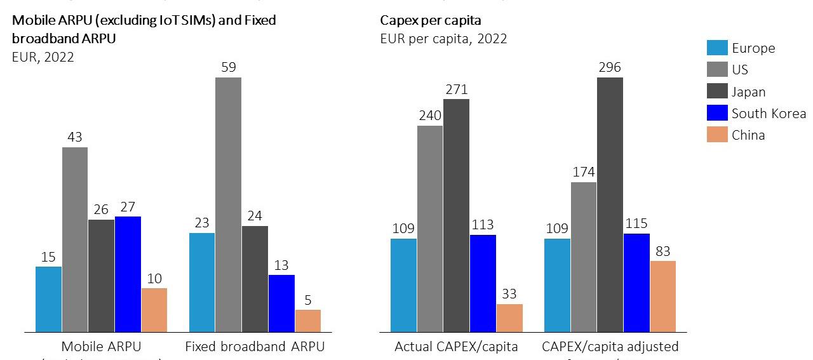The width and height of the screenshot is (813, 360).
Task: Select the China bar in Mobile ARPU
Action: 154,310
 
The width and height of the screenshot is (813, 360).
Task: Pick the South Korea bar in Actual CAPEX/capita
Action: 483,283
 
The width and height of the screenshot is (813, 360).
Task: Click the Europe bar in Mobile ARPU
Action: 49,299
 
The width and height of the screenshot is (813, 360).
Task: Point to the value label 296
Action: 610,68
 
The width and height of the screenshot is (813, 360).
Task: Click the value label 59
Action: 229,67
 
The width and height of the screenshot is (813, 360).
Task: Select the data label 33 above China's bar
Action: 509,294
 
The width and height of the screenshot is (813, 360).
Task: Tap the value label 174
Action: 583,172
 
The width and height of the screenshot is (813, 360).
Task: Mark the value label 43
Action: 75,137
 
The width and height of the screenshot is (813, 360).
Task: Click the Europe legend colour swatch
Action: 717,48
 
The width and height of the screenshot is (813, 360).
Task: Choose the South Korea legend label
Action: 769,114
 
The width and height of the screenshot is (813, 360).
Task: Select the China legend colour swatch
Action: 717,135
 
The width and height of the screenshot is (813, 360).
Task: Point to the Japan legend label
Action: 748,92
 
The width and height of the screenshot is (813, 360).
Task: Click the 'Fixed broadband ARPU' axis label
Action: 255,347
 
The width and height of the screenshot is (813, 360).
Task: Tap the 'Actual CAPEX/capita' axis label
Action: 456,347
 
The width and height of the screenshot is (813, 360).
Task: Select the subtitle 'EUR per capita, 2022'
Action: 443,39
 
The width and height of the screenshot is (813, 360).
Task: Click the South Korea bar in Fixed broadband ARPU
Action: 281,303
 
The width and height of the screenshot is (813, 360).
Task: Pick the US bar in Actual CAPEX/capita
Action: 430,229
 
